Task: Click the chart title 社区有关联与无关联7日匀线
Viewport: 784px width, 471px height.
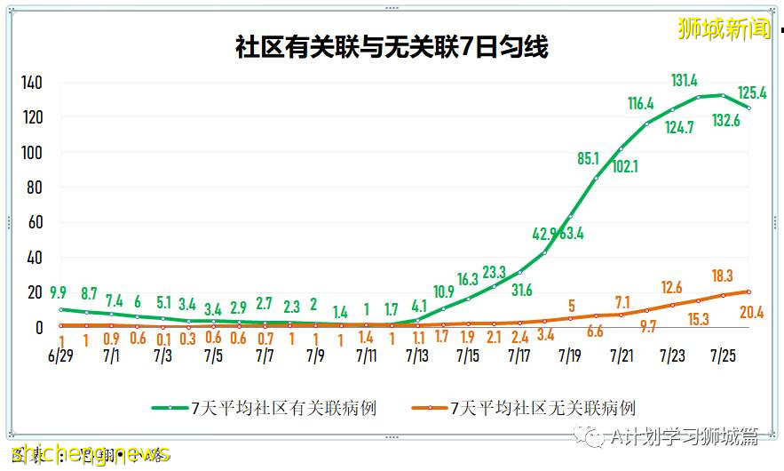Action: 392,46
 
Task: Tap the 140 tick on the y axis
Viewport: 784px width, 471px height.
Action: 32,83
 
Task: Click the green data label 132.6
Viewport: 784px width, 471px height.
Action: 728,120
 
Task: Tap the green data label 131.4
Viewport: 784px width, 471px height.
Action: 684,81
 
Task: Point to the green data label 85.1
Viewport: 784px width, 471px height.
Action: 588,159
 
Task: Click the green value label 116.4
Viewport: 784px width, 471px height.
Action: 640,104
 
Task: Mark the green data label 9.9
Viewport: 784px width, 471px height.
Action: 59,291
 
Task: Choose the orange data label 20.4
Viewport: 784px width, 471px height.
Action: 750,313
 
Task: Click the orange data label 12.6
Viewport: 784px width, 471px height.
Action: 671,287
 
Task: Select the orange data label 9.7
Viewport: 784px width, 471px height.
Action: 647,327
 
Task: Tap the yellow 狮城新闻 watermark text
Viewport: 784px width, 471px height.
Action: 724,28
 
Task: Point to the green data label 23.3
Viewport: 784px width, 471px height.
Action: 494,272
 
